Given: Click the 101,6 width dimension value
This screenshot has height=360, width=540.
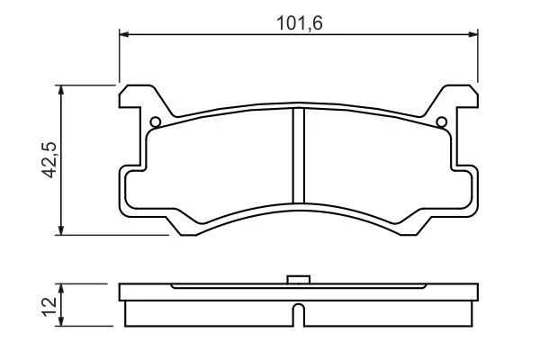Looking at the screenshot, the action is (x=300, y=23).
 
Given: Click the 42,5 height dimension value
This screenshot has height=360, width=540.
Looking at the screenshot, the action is (x=49, y=160).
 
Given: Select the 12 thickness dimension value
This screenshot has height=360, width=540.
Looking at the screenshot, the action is (x=49, y=306).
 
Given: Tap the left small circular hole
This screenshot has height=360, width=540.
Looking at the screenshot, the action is (x=156, y=122).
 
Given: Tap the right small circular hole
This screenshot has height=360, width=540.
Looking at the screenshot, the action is (x=442, y=122).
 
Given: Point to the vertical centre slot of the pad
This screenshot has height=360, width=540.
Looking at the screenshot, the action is (x=299, y=156).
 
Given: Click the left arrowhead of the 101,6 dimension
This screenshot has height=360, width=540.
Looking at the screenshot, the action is (x=123, y=34).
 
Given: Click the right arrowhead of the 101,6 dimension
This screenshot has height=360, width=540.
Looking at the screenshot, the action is (x=473, y=34).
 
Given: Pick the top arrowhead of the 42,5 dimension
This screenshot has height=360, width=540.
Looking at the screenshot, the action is (x=61, y=90).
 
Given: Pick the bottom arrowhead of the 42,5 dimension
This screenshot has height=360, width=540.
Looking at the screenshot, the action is (x=61, y=230).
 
